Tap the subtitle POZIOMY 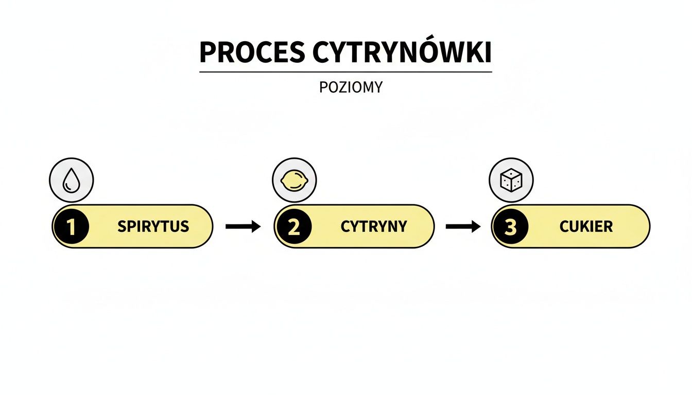coord(351,87)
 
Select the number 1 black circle coord(71,227)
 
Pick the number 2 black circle coord(293,227)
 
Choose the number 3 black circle coord(510,227)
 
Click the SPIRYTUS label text coord(153,227)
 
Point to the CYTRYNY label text coord(374,227)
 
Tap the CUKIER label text coord(586,227)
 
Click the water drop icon coord(71,181)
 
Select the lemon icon coord(294,181)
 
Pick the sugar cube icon coord(511,181)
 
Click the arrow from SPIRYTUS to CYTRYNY coord(243,227)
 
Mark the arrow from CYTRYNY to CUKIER coord(462,227)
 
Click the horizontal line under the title coord(345,72)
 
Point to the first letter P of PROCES coord(207,52)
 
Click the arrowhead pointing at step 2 coord(256,227)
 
